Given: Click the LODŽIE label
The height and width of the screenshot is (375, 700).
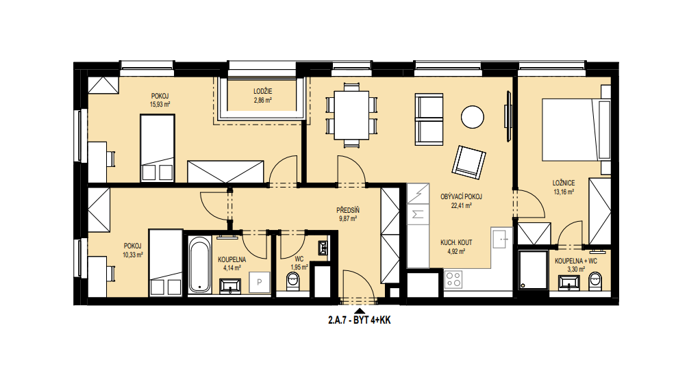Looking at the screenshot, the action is (262, 92).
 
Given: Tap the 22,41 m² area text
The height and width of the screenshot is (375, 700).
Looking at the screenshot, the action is (461, 206).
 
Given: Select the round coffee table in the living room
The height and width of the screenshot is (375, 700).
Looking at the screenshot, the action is (473, 117).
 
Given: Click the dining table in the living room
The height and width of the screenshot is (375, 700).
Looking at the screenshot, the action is (352, 115).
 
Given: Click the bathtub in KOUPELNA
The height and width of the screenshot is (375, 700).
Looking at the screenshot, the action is (199, 264).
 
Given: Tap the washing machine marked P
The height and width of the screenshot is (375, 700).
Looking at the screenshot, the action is (260, 282).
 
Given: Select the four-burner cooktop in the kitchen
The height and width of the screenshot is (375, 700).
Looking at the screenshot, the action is (453, 280).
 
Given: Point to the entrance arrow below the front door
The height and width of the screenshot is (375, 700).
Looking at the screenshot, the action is (358, 311).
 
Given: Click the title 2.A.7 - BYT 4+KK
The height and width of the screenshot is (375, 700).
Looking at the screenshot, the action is (360, 320).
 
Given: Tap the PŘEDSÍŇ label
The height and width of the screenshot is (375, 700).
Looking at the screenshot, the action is (348, 210).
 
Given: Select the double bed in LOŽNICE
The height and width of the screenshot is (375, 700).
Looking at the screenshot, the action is (576, 129).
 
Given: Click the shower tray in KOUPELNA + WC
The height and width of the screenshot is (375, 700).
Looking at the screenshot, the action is (534, 270).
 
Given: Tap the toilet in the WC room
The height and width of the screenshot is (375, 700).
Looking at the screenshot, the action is (292, 281).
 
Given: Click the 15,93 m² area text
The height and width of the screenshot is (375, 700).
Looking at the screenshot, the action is (160, 104).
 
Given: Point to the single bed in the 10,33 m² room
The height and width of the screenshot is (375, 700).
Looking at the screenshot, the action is (166, 262).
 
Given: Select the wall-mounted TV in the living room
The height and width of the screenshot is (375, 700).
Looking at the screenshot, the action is (508, 116).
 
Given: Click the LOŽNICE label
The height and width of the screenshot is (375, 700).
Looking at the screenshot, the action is (564, 183).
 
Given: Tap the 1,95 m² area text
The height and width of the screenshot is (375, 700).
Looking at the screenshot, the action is (299, 268).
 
